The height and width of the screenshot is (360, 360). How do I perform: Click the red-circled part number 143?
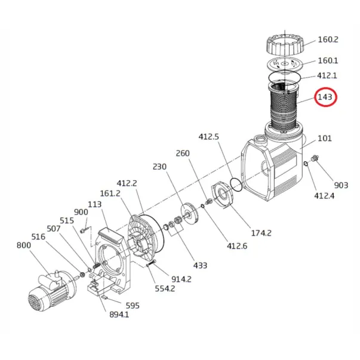(x=325, y=97)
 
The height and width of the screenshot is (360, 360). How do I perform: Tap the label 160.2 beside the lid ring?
(x=328, y=39)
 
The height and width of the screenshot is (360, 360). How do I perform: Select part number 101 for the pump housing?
(x=325, y=139)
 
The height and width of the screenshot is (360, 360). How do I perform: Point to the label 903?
(x=341, y=185)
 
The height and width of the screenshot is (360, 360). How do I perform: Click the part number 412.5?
(x=209, y=137)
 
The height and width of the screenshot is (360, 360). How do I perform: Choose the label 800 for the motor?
(x=24, y=245)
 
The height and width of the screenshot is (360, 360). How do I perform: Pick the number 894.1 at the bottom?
(x=119, y=314)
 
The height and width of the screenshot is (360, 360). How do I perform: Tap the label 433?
(x=200, y=266)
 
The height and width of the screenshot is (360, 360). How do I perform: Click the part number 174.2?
(x=261, y=233)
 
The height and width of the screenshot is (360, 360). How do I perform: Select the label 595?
(x=133, y=306)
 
